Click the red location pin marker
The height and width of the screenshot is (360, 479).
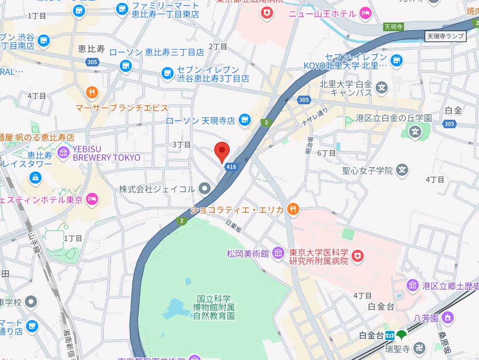(222, 152)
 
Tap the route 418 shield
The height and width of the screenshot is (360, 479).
(231, 167)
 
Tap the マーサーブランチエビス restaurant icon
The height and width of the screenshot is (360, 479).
(91, 92)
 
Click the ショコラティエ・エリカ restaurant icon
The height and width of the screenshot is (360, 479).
(293, 209)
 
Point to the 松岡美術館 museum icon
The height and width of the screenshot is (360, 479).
(278, 253)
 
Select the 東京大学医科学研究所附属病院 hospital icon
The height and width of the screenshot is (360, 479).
(358, 255)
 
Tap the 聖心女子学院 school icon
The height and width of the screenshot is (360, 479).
(402, 170)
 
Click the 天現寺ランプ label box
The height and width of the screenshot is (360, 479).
(445, 36)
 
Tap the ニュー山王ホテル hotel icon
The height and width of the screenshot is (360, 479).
(365, 13)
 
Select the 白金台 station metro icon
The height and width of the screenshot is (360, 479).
(390, 335)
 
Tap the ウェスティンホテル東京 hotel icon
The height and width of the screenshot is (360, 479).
(92, 199)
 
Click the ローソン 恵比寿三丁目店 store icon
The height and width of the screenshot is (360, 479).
(126, 65)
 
